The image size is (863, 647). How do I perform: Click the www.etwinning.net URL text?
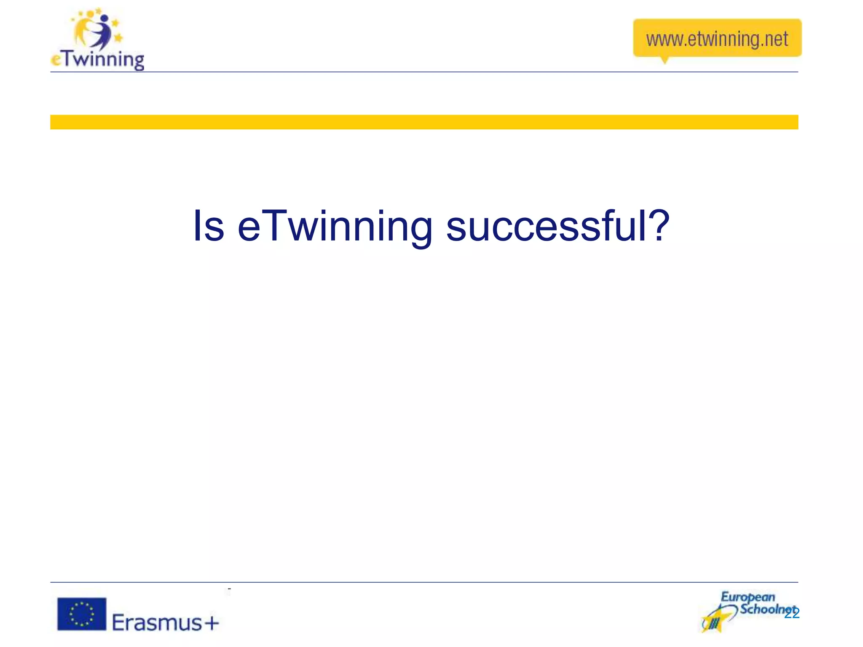click(717, 39)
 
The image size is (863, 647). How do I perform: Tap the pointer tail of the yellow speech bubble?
click(665, 60)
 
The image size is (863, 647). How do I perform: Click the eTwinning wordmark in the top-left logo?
click(98, 60)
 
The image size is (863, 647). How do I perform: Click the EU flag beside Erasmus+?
click(82, 614)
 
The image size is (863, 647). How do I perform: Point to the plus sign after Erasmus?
click(212, 623)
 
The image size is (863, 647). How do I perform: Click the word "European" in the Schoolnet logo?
click(748, 596)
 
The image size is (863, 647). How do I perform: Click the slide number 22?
click(792, 614)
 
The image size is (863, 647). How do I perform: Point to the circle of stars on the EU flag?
click(81, 614)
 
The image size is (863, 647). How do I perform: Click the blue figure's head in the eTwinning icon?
click(105, 19)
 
